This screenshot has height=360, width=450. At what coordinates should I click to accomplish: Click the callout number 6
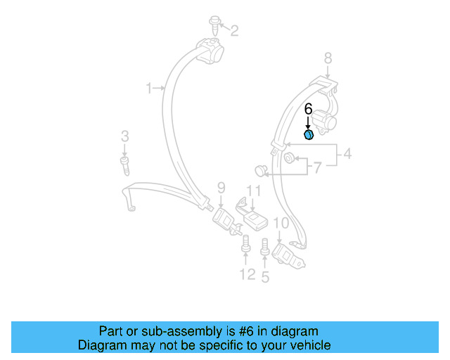tap(307, 109)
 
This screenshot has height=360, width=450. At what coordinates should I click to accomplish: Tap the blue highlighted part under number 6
tap(308, 134)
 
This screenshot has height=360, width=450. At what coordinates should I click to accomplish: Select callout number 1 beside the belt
tap(149, 88)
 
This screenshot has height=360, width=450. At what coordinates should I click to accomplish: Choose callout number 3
tap(124, 136)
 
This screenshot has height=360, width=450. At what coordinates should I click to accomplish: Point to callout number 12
tap(247, 274)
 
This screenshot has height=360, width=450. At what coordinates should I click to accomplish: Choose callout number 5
tap(265, 277)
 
